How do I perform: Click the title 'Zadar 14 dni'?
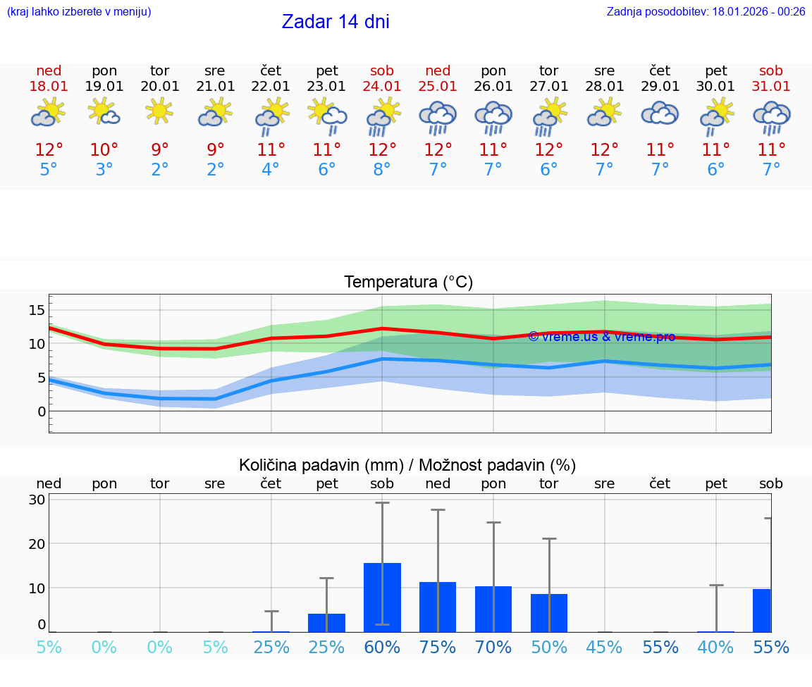(336, 22)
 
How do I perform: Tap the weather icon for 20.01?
(160, 111)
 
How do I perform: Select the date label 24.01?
(382, 87)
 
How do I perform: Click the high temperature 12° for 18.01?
(49, 150)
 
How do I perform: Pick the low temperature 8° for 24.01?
(382, 170)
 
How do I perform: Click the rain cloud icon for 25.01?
(438, 116)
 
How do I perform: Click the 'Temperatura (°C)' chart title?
(408, 283)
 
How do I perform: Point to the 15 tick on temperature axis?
(37, 311)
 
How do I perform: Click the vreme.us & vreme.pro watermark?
(601, 337)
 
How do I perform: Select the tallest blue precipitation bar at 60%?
(382, 598)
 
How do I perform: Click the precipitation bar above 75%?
(438, 607)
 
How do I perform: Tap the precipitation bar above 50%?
(549, 612)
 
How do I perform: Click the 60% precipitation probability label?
(382, 648)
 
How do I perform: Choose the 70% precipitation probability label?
(493, 648)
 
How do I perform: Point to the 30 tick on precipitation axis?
(37, 500)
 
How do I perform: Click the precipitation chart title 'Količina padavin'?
(407, 465)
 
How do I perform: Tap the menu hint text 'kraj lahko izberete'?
(79, 12)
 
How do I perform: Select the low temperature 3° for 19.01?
(104, 170)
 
